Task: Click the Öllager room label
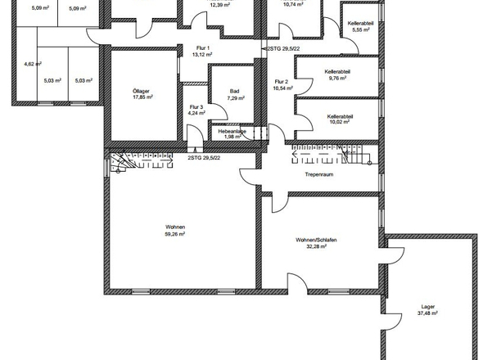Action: coord(141,91)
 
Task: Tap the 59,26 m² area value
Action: coord(175,234)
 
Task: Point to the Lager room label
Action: coord(428,307)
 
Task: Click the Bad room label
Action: coord(234,91)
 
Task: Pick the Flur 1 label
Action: coord(203,48)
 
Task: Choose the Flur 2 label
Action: coord(282,82)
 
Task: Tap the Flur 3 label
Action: coord(196,107)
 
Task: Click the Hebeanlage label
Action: coord(232,132)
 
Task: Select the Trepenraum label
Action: coord(319,174)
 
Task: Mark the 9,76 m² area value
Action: coord(337,79)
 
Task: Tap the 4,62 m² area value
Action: coord(33,64)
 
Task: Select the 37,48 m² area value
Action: coord(427,313)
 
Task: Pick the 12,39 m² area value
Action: coord(219,5)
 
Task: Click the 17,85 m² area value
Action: coord(143,97)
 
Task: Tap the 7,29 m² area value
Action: coord(236,98)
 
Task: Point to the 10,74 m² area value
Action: coord(293,5)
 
